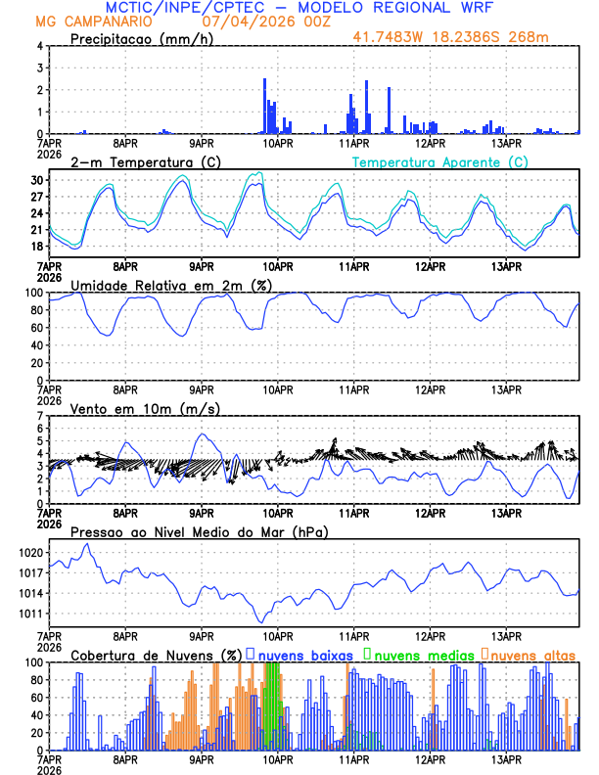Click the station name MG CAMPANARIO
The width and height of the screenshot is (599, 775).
pos(94,21)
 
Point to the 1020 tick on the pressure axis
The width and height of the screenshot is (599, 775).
pos(31,553)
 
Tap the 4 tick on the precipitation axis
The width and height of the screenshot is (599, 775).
pos(40,46)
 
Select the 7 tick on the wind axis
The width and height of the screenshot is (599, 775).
pos(40,416)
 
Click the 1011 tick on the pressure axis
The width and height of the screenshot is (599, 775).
pos(31,614)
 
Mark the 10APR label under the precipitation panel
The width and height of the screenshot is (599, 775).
pos(277,143)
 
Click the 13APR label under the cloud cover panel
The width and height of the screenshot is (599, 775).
pos(506,759)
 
